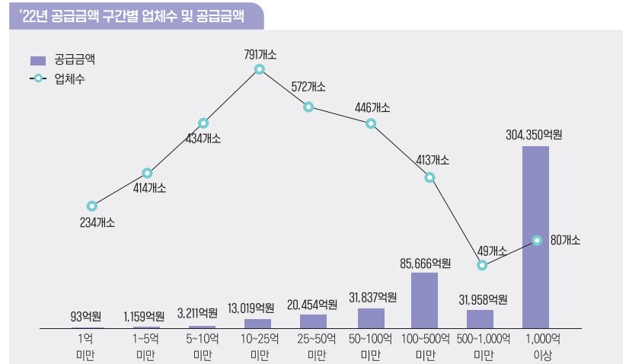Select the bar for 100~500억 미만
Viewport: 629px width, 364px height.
(424, 300)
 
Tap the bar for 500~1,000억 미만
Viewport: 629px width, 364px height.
(480, 319)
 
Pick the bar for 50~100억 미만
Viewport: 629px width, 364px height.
(371, 318)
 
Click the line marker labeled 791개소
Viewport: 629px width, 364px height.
(260, 69)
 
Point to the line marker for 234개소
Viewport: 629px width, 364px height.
(92, 206)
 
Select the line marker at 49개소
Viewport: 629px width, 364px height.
(481, 266)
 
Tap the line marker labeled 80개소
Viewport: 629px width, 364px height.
(537, 240)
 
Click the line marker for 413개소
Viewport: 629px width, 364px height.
(429, 177)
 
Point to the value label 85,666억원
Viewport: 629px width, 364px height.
(425, 263)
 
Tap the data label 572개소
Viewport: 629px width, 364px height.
(308, 87)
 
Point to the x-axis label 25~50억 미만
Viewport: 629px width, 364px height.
(314, 346)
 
